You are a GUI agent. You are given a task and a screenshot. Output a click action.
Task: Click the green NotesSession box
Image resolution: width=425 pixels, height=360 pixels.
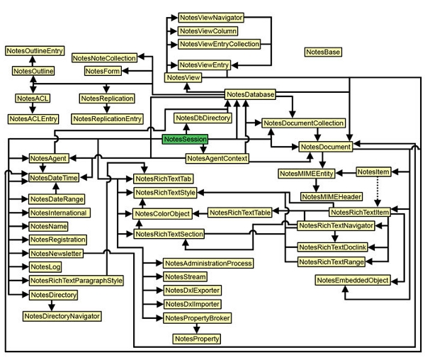pos(185,140)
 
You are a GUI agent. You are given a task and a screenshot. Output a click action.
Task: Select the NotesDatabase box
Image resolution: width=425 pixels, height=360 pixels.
pos(250,94)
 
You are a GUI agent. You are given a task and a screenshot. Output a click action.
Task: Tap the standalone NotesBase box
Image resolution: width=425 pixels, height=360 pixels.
pos(323,52)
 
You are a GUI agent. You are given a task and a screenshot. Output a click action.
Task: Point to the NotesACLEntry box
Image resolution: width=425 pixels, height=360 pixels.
pos(33,118)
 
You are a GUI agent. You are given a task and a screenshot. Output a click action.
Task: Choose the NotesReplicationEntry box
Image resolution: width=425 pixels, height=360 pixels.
pos(107,118)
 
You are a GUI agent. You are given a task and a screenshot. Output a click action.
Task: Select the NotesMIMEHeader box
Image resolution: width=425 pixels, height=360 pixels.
pos(331,196)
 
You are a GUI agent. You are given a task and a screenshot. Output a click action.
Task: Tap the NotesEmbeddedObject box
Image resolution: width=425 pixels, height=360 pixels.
pos(352,281)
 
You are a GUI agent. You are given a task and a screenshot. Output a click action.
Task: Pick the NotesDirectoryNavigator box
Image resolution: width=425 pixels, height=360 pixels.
pos(62,315)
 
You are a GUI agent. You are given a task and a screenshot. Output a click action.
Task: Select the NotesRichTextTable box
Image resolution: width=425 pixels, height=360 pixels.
pos(240,212)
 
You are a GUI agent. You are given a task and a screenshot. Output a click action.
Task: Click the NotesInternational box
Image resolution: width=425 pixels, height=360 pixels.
pos(59,213)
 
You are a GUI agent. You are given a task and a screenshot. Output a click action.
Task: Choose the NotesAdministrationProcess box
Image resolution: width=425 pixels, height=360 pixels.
pos(208,263)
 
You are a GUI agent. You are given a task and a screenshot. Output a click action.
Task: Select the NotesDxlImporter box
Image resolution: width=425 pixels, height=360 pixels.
pos(192,303)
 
